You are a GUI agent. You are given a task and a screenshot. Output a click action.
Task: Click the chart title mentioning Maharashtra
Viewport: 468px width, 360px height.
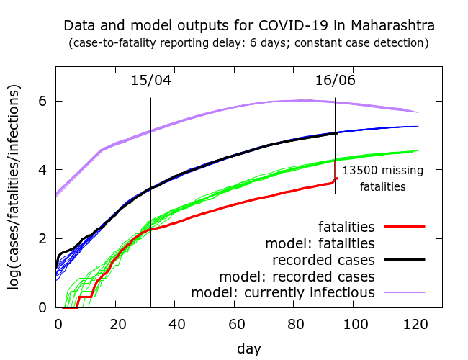249,26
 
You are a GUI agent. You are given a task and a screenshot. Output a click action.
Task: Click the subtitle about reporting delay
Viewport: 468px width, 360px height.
249,43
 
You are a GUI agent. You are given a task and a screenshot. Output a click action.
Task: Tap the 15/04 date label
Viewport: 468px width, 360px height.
151,80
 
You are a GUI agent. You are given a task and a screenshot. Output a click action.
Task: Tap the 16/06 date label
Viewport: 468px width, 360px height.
336,80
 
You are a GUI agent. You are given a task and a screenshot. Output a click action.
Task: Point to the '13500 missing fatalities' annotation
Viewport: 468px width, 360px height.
382,179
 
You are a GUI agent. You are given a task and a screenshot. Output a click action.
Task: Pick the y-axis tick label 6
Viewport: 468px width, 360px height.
43,101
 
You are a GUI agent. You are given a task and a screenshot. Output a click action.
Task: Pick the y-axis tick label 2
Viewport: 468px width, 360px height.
43,239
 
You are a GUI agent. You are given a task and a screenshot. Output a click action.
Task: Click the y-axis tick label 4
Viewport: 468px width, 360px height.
43,170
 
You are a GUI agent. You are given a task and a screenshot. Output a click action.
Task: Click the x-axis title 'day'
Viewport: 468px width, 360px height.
249,348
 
